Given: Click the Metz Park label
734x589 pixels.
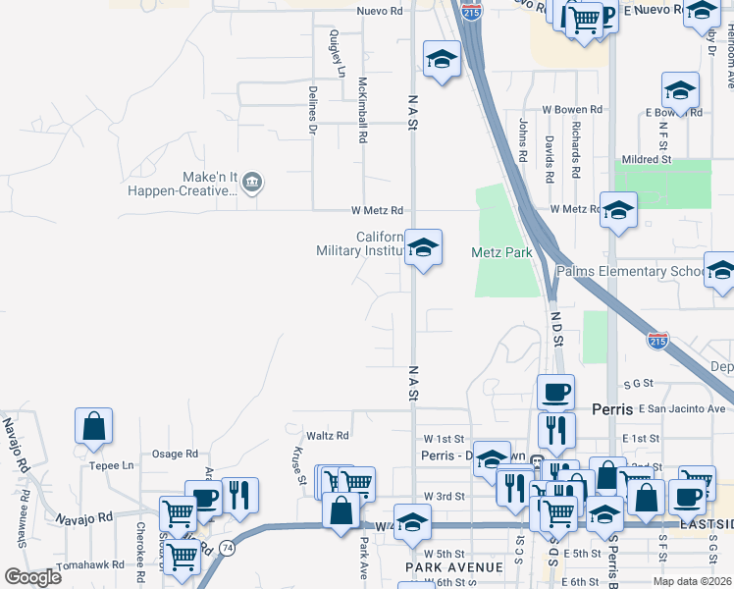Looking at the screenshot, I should pyautogui.click(x=501, y=252).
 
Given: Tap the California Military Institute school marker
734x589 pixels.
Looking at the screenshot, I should pyautogui.click(x=423, y=247).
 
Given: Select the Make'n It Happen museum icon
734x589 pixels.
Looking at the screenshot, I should pyautogui.click(x=252, y=182).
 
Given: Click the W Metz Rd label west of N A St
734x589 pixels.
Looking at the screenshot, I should pyautogui.click(x=378, y=210).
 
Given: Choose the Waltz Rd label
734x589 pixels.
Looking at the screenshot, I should pyautogui.click(x=328, y=435).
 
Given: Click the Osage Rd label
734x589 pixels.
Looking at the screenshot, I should pyautogui.click(x=176, y=454).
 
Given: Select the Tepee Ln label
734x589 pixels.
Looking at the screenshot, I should pyautogui.click(x=111, y=465).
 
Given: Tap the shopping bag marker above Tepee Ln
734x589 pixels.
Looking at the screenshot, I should pyautogui.click(x=93, y=426).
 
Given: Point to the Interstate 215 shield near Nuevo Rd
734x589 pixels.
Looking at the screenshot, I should pyautogui.click(x=472, y=13).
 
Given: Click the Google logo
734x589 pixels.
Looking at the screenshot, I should pyautogui.click(x=32, y=577).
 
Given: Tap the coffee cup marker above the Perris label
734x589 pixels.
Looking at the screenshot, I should pyautogui.click(x=555, y=392).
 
